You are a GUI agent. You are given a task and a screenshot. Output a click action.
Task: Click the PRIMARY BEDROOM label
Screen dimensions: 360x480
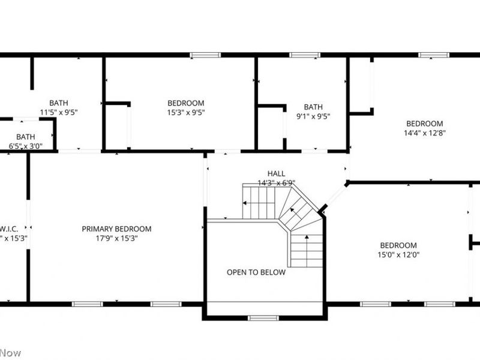(116, 229)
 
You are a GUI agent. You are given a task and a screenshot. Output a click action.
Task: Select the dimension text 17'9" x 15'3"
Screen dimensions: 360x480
(116, 238)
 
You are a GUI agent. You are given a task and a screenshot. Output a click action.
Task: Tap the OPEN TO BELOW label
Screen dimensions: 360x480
(256, 272)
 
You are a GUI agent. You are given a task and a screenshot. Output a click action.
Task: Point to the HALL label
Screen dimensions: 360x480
(276, 173)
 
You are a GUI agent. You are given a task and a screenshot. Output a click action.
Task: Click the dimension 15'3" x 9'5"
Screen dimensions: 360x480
(185, 112)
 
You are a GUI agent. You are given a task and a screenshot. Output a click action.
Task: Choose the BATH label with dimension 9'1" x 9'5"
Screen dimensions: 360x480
(313, 107)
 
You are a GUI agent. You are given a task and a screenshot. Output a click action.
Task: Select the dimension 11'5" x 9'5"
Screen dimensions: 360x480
(59, 112)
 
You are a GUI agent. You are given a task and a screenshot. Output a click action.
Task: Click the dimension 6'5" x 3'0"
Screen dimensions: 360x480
(25, 146)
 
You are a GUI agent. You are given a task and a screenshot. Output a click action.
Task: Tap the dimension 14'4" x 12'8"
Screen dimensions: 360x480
(425, 133)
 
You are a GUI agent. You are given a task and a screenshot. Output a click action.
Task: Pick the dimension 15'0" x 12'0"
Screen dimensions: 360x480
(398, 254)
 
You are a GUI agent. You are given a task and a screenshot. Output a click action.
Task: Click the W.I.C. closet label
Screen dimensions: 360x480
(8, 229)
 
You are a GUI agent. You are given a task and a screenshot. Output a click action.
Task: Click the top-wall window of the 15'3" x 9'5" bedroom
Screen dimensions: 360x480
(205, 55)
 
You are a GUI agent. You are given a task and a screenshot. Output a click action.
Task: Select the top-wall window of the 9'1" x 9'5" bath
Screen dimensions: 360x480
(304, 55)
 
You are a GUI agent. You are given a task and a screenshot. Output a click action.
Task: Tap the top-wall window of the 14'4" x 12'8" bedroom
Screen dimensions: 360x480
(434, 55)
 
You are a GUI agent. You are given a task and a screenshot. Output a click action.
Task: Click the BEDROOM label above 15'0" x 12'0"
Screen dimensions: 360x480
(398, 245)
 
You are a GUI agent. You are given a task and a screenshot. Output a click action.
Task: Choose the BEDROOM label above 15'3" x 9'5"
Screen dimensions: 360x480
(185, 103)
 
